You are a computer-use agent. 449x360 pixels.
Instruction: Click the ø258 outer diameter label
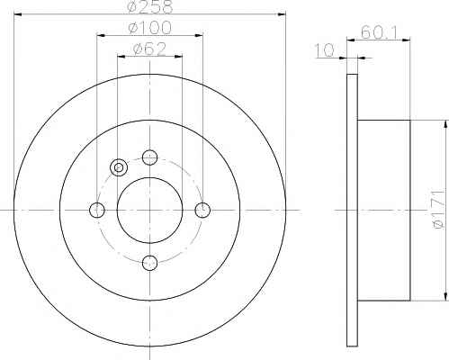tap(150, 6)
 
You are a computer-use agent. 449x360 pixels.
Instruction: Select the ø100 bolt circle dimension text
tap(149, 28)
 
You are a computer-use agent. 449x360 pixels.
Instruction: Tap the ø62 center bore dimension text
tap(149, 49)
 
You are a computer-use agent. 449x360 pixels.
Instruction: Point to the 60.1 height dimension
tap(379, 32)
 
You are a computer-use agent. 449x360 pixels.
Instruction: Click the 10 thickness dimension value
tap(324, 50)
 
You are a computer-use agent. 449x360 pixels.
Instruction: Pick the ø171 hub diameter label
tap(438, 210)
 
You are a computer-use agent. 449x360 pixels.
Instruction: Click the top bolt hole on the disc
tap(149, 157)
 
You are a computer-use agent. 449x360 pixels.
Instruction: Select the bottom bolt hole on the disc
tap(149, 263)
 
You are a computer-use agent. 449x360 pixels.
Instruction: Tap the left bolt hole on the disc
tap(97, 210)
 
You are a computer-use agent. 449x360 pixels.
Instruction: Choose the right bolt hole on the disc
tap(202, 210)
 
